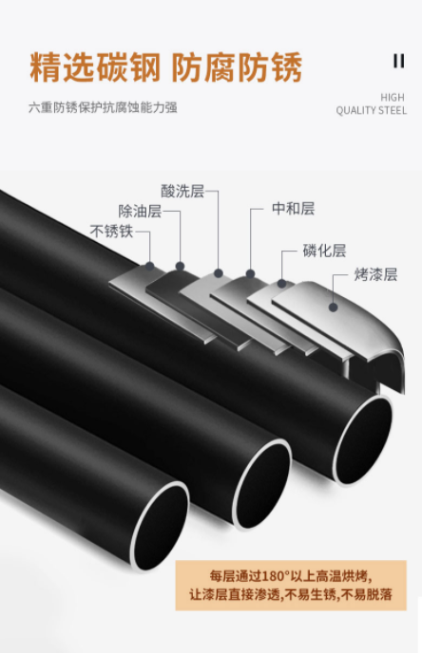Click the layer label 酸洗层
(182, 191)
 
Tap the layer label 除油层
(140, 211)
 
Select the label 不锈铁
(111, 232)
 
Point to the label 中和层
(293, 208)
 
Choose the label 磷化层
(324, 251)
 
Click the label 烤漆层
(375, 274)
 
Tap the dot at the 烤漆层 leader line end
(333, 308)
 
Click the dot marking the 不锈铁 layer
(150, 266)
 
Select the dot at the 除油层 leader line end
(181, 266)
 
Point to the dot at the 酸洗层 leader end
(218, 273)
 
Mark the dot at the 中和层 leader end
(250, 273)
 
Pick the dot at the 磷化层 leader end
(282, 284)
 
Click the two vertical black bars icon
(399, 61)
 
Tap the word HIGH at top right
(393, 98)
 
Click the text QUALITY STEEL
(371, 110)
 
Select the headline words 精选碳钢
(95, 67)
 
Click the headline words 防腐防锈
(237, 67)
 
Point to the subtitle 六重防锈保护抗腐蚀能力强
(103, 108)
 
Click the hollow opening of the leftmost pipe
(160, 525)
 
